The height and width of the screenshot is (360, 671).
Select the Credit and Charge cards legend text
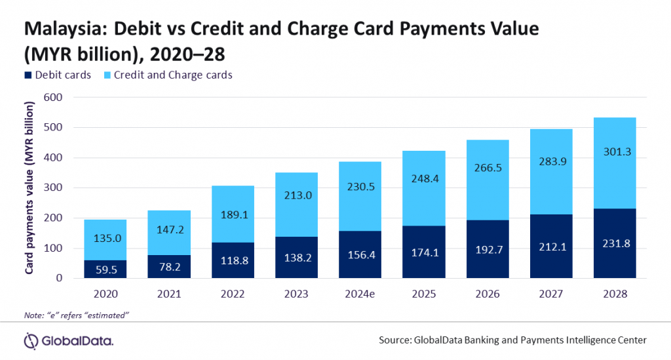coord(173,75)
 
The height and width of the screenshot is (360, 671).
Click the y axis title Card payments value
coord(30,187)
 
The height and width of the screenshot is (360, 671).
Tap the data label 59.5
coord(104,268)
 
